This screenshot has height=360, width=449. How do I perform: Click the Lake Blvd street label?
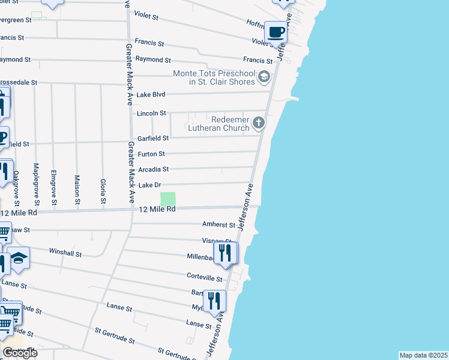[150, 95]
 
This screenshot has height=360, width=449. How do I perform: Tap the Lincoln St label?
[151, 113]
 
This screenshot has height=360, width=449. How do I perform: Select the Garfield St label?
[153, 138]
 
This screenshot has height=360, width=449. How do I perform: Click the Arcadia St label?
[152, 170]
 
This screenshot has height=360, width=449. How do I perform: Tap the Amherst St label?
[219, 225]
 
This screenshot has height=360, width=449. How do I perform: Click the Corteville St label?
[205, 279]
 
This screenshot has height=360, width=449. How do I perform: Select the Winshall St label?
[65, 253]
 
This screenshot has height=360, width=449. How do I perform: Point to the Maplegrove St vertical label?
[36, 178]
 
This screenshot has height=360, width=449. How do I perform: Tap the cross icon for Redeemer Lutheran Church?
[259, 124]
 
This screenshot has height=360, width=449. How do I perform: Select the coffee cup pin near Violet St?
[277, 32]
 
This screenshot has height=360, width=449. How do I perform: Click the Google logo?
[20, 353]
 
